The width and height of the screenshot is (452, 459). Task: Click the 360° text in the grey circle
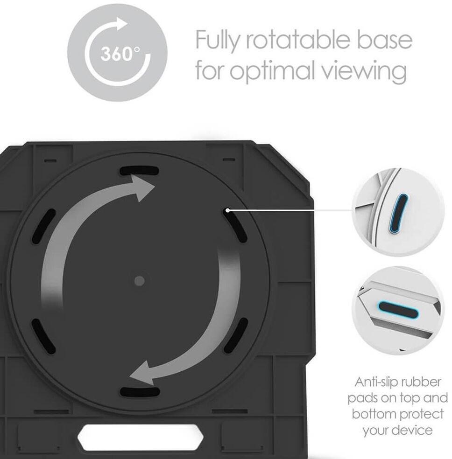tap(117, 54)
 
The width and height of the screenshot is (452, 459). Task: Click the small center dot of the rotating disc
tap(139, 280)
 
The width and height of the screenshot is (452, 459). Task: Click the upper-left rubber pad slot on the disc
tap(44, 226)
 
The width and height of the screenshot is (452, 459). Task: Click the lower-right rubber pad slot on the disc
tap(235, 335)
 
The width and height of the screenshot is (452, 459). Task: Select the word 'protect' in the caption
tap(414, 414)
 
